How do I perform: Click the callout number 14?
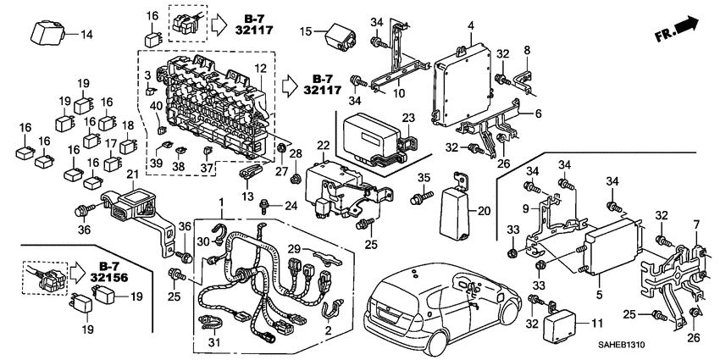point(86,35)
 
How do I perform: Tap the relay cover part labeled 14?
point(48,33)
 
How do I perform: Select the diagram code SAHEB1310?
point(677,349)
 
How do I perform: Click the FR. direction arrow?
point(680,30)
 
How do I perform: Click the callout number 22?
point(323,146)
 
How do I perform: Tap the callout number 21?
point(131,174)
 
